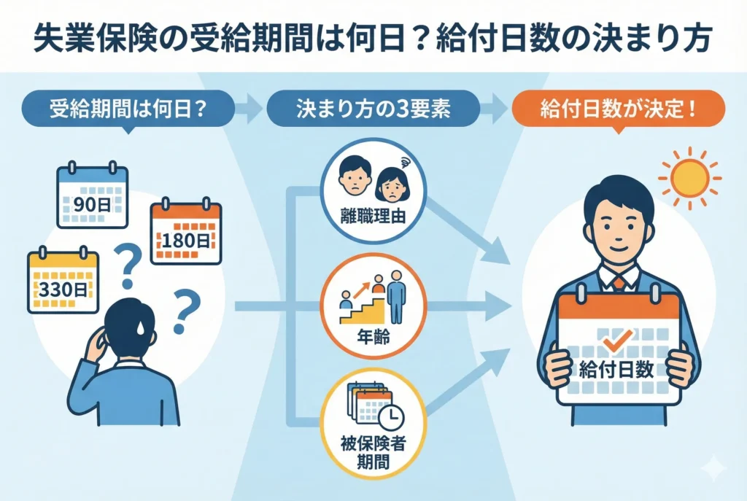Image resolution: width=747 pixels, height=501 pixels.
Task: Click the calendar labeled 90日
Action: click(92, 197)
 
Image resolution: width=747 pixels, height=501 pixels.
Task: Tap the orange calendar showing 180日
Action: click(185, 233)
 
